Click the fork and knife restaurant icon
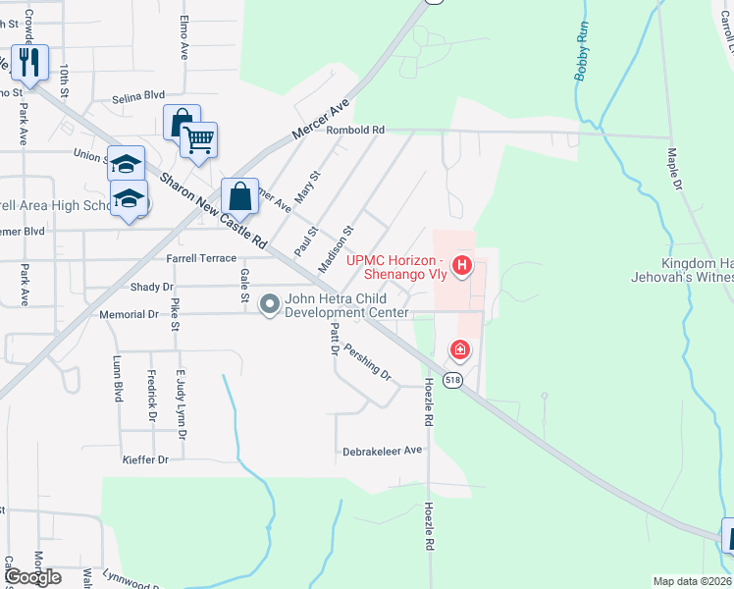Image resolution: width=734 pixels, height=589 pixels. (29, 63)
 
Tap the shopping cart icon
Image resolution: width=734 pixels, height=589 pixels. (198, 139)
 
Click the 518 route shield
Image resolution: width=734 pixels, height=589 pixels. (452, 380)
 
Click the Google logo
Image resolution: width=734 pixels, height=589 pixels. (31, 577)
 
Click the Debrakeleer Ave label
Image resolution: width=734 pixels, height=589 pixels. (382, 451)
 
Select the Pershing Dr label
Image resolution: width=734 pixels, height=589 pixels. (367, 362)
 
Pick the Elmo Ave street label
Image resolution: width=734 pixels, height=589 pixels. (183, 38)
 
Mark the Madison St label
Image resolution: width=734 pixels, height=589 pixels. (335, 250)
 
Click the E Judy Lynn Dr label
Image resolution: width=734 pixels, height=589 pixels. (181, 403)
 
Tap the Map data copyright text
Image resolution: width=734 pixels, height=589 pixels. (692, 581)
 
